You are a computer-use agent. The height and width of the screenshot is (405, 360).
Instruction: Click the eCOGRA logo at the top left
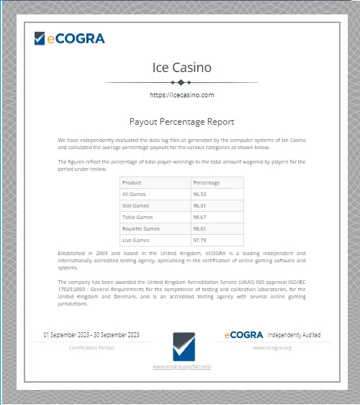(x=69, y=38)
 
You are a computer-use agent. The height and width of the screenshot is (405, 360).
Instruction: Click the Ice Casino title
(x=181, y=68)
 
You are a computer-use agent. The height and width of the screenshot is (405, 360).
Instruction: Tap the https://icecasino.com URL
(x=181, y=94)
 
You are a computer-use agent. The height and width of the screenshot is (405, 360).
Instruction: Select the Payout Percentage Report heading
(x=181, y=123)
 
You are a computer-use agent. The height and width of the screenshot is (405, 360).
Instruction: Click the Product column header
(x=132, y=182)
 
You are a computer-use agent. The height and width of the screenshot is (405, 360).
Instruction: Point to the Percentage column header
(x=207, y=182)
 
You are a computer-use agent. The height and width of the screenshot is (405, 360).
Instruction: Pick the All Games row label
(x=134, y=194)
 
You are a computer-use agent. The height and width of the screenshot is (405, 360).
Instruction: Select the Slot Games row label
(x=135, y=205)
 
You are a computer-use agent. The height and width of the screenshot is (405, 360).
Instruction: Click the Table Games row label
(x=137, y=217)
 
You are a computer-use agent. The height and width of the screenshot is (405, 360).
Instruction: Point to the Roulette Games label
(x=140, y=228)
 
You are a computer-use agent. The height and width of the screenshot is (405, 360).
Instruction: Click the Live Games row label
(x=135, y=240)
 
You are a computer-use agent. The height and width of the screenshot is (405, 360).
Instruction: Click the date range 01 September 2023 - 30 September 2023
(x=91, y=335)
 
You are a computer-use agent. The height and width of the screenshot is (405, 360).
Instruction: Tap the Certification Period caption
(x=91, y=347)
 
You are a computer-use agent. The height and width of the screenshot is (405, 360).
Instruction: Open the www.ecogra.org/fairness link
(x=181, y=367)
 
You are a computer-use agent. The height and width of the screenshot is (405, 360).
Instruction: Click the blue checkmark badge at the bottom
(x=181, y=346)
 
